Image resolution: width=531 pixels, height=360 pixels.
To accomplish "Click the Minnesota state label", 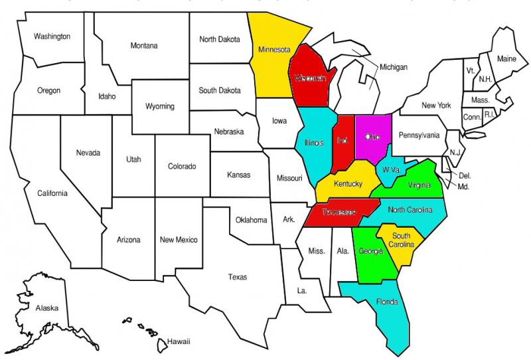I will coord(273,49).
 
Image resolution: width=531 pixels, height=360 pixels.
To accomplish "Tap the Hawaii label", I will coord(179,341).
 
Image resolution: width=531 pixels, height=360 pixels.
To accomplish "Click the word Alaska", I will coord(47,308).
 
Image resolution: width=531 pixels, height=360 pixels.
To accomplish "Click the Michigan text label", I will coord(394,67).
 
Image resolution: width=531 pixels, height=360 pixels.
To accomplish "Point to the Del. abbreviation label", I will coord(465,176).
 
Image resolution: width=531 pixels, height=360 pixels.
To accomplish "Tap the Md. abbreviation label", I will coord(463,187).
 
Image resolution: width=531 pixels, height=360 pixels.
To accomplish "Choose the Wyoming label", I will coord(160,106).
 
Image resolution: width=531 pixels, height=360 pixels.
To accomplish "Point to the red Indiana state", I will coord(342,141).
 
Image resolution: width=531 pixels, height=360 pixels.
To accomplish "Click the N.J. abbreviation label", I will coord(455,153).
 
